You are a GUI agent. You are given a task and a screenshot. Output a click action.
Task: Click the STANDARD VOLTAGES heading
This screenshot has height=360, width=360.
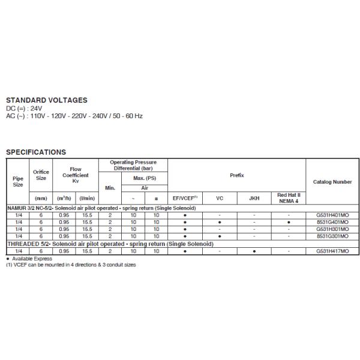coord(46,100)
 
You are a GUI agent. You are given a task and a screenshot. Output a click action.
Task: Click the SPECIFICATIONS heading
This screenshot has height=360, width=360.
coord(36,152)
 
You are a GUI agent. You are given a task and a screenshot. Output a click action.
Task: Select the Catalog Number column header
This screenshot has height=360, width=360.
coord(332,182)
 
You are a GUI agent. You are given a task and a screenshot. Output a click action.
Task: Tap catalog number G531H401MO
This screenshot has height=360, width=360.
coord(332,215)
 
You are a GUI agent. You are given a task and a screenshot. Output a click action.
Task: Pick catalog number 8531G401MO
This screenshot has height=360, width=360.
coord(332,222)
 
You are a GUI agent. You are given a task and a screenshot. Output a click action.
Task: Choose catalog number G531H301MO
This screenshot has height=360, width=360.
coord(332,229)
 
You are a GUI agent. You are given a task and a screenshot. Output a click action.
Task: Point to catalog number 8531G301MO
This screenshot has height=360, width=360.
coord(332,236)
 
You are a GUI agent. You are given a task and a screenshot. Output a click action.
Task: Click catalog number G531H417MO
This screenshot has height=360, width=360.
coord(332,251)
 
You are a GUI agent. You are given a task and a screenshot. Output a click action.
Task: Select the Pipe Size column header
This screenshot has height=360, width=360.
coord(18,181)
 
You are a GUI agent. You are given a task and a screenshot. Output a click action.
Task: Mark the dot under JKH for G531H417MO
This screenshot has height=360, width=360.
coord(254,251)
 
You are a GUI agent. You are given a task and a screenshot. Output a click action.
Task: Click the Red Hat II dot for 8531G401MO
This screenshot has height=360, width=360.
coord(289,222)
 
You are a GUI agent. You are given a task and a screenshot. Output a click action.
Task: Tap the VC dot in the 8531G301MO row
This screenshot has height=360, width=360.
coord(220,236)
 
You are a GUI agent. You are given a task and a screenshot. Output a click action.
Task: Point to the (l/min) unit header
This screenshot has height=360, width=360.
coord(87,197)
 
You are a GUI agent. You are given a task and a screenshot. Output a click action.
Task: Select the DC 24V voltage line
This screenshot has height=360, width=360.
coord(24,108)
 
